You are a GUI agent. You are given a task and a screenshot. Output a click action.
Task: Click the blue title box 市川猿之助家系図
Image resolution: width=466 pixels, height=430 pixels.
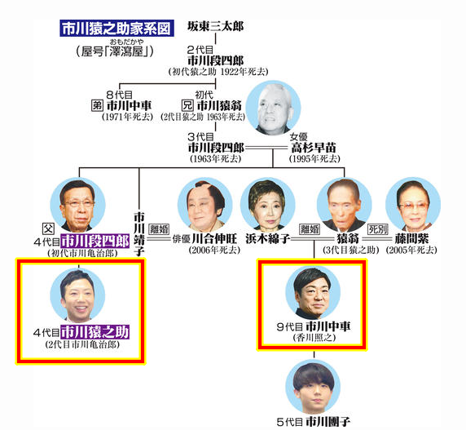click(x=116, y=29)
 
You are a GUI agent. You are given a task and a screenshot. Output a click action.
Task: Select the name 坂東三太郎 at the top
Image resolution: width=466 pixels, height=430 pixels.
click(x=215, y=26)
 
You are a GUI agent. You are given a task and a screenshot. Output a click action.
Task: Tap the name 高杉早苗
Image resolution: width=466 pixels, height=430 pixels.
click(x=314, y=148)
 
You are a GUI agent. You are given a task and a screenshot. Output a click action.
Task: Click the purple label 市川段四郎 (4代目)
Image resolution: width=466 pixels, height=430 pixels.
click(x=95, y=241)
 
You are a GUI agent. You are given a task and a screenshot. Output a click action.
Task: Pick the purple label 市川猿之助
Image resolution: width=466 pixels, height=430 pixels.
click(x=95, y=332)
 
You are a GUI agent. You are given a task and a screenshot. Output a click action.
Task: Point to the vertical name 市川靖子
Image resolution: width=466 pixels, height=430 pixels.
click(x=138, y=234)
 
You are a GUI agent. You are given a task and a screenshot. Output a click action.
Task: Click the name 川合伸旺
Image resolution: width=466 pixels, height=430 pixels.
click(x=214, y=238)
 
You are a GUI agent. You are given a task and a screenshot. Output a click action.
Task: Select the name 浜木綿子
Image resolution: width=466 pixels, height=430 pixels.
click(x=268, y=238)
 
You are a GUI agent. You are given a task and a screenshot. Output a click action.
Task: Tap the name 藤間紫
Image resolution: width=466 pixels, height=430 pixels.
click(x=411, y=238)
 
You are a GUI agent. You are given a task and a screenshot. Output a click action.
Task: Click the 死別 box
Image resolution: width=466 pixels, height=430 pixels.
click(x=378, y=229)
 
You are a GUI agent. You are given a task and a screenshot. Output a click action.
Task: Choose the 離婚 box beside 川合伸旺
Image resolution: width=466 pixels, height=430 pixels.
click(x=160, y=229)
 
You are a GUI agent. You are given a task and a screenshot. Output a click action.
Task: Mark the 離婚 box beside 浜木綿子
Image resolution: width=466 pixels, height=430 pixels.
click(x=310, y=229)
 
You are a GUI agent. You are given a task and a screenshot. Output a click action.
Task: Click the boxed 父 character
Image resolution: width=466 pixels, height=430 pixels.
click(x=48, y=228)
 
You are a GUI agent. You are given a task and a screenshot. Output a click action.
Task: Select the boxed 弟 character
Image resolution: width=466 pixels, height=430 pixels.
click(x=97, y=105)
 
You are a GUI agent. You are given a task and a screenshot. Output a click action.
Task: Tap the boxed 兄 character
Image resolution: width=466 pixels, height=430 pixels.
click(x=187, y=105)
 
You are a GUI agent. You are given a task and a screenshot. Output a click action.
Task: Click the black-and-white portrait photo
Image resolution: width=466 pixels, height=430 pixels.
click(x=274, y=109)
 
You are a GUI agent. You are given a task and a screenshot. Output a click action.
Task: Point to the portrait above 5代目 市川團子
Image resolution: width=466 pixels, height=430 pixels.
click(x=313, y=387)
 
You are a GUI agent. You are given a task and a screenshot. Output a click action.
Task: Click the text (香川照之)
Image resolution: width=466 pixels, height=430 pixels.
click(x=314, y=338)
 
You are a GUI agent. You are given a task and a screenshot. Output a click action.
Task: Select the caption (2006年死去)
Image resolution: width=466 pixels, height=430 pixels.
click(x=214, y=250)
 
